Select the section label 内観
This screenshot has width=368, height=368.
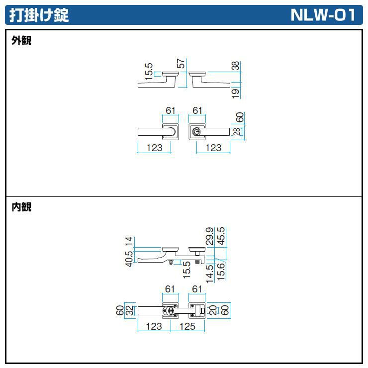[21, 207]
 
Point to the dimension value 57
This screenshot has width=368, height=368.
[182, 64]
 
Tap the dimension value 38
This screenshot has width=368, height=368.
[236, 66]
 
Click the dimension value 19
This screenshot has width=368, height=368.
[236, 92]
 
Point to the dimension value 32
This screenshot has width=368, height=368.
[129, 311]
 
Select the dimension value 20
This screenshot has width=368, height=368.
[213, 311]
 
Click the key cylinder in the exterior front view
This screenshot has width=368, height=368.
[198, 132]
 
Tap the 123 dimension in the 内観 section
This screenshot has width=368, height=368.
[154, 326]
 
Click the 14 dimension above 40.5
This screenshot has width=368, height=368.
[129, 241]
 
